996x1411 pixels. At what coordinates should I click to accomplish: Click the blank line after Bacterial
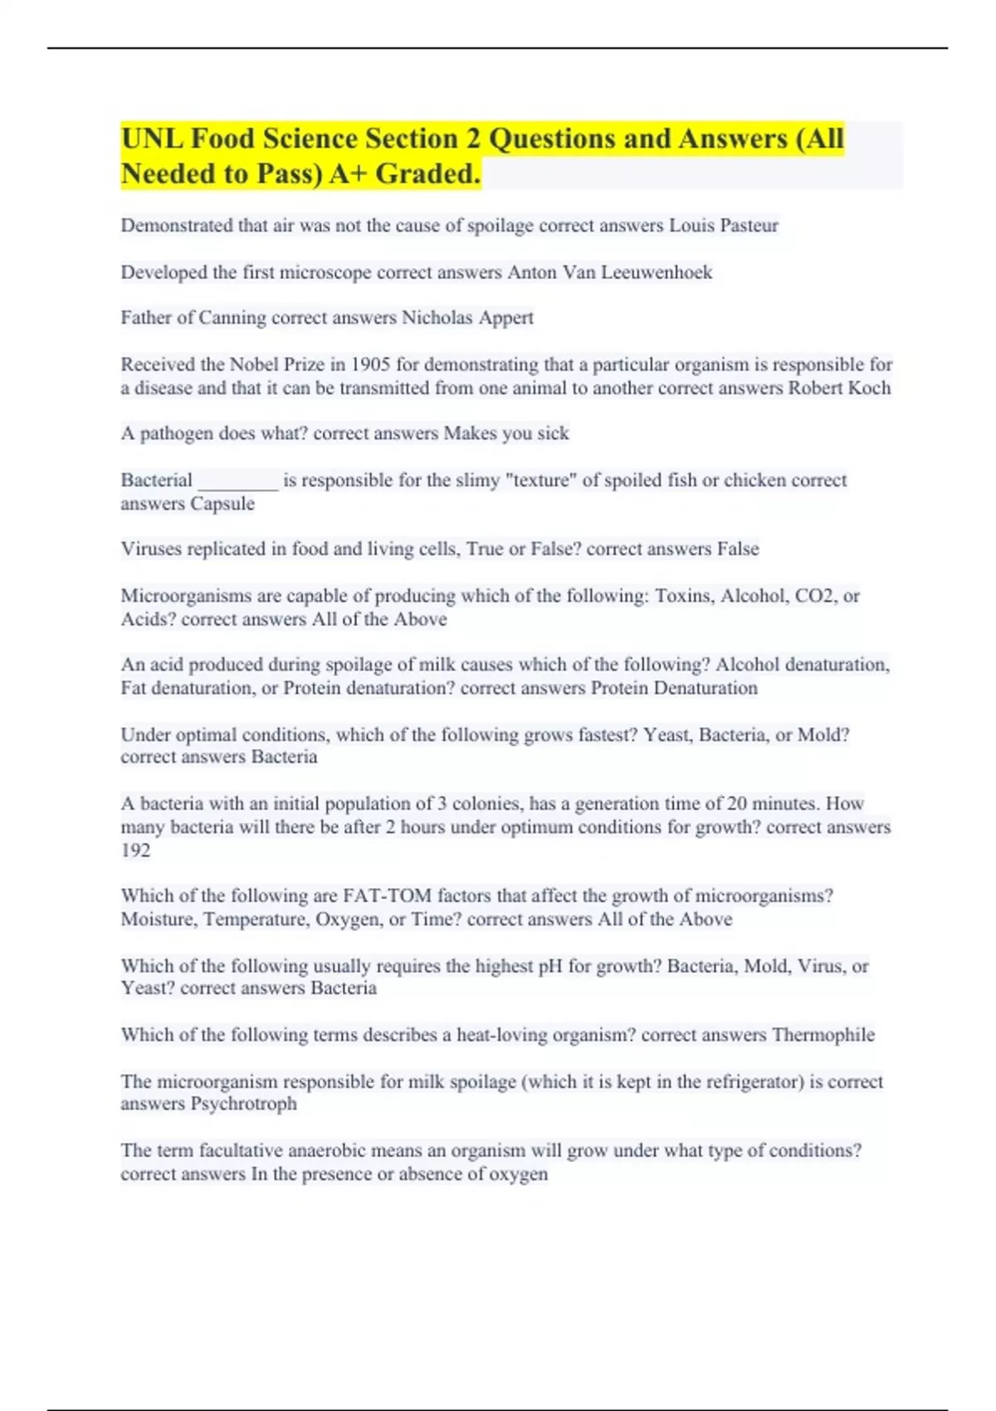238,481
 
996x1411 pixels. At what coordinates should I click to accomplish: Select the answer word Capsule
222,504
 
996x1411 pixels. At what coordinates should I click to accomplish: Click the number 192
136,850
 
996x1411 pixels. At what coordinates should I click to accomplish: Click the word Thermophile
823,1035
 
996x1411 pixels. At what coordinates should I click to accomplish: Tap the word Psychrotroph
243,1104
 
